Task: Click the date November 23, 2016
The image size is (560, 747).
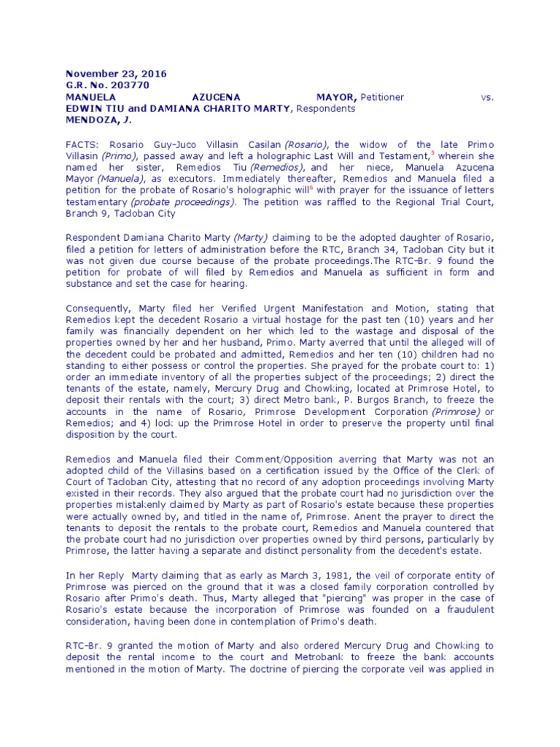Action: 117,74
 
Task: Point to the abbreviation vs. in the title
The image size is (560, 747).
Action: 488,96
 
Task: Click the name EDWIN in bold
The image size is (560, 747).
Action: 82,108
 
